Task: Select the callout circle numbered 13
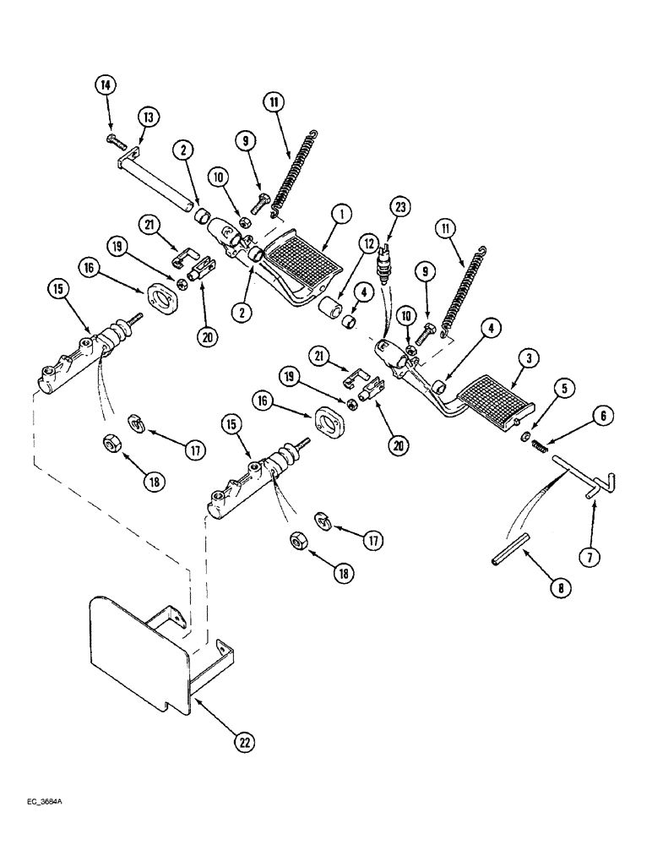[149, 118]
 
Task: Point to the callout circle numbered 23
[399, 206]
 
